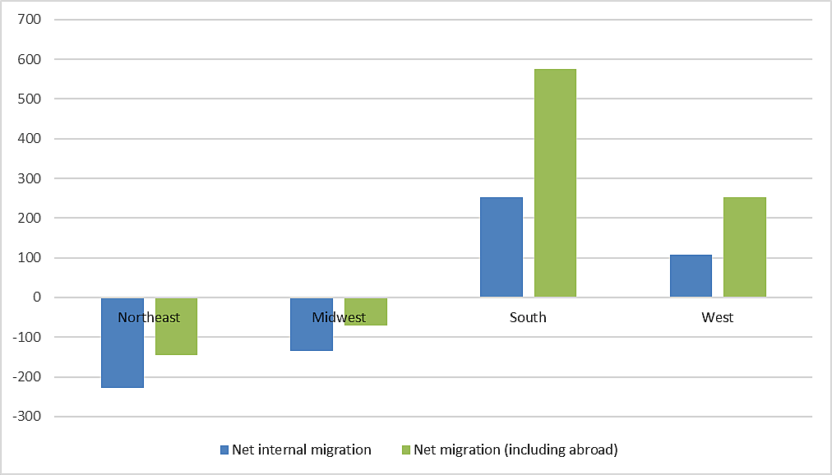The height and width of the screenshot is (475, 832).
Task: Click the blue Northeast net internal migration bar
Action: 122,353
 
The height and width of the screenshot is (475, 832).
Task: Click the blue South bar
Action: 502,247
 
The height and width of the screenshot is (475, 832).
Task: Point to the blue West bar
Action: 691,276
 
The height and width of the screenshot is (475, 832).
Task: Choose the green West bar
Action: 745,247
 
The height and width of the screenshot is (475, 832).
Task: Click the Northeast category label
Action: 149,317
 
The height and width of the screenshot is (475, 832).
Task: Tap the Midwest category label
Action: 339,317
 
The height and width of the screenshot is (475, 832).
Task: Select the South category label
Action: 528,317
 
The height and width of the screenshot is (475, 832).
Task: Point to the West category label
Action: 718,317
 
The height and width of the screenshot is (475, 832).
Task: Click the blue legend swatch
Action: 224,450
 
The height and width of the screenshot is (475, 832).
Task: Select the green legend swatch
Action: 406,450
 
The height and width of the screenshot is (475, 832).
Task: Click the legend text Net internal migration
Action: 302,450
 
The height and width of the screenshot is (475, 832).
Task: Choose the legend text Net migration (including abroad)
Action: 515,450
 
